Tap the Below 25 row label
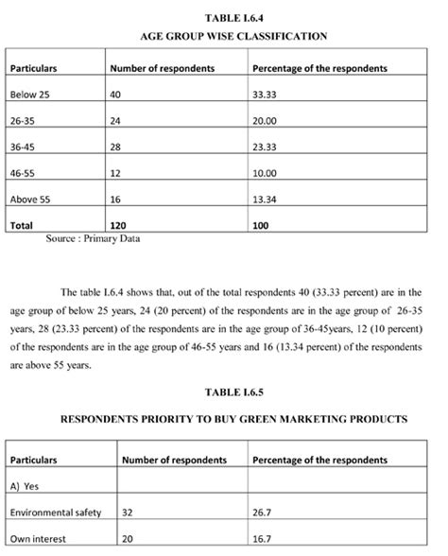coord(28,96)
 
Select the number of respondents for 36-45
coord(117,148)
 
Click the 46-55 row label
coord(23,174)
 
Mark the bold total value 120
coord(119,226)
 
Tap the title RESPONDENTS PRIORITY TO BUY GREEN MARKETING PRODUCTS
coord(233,419)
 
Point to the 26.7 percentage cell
coord(264,512)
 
